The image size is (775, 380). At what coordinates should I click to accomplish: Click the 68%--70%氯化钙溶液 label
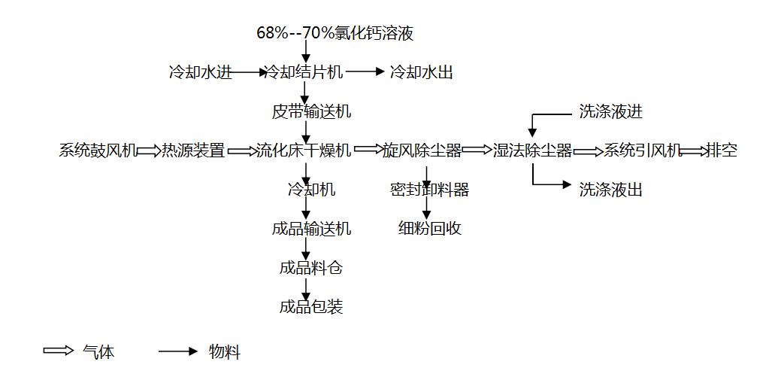click(x=335, y=33)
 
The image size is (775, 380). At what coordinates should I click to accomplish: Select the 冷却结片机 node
click(x=305, y=72)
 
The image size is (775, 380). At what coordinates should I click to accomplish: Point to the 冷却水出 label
click(x=422, y=72)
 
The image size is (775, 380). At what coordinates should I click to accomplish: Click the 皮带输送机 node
click(x=311, y=112)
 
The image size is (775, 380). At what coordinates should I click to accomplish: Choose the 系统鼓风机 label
click(x=98, y=150)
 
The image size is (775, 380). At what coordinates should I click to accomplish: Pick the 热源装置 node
click(x=193, y=150)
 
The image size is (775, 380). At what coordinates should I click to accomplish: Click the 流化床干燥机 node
click(x=304, y=150)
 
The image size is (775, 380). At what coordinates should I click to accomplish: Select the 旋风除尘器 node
click(x=422, y=150)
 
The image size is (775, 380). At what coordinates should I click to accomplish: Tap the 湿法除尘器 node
click(x=532, y=150)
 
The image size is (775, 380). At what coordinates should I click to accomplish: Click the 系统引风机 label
click(x=643, y=150)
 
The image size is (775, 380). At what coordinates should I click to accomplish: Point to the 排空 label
click(x=722, y=150)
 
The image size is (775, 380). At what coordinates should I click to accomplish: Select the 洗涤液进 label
click(x=611, y=112)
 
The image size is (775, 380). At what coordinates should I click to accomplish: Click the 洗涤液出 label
click(x=611, y=190)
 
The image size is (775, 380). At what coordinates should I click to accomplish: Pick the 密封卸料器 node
click(x=429, y=190)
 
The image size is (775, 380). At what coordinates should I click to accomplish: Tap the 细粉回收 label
click(x=429, y=229)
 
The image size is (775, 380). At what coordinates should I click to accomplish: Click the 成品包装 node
click(x=311, y=307)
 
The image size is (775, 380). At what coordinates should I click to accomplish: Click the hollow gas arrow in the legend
click(x=58, y=351)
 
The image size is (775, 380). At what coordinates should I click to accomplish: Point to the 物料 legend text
click(x=225, y=351)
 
